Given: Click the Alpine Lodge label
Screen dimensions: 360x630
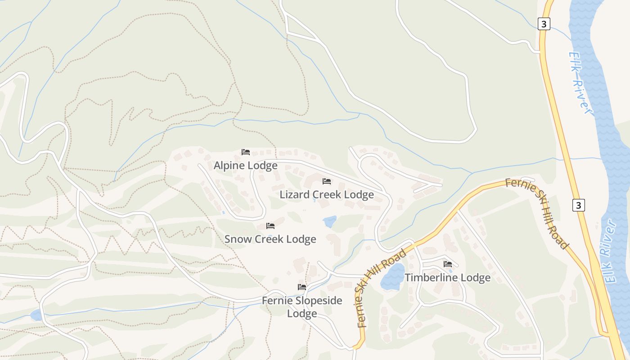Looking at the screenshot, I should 245,166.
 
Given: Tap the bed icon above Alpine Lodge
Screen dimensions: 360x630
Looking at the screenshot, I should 246,152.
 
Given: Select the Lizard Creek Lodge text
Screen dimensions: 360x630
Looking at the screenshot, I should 327,194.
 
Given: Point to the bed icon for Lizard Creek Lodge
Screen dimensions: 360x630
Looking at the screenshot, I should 327,181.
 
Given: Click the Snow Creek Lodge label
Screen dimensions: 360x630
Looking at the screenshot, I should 270,239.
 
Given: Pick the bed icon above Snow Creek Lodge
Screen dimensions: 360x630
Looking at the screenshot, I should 270,226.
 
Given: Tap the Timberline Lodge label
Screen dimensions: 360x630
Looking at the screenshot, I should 447,278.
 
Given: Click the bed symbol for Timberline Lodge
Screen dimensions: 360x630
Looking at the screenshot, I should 448,264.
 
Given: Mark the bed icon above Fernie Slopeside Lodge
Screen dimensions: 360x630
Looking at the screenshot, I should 302,287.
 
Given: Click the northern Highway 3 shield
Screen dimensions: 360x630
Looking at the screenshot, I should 544,24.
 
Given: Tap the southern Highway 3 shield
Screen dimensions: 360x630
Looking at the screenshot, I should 579,205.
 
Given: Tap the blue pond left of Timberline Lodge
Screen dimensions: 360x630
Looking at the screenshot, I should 392,277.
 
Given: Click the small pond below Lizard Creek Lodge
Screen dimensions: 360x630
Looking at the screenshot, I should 329,221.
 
